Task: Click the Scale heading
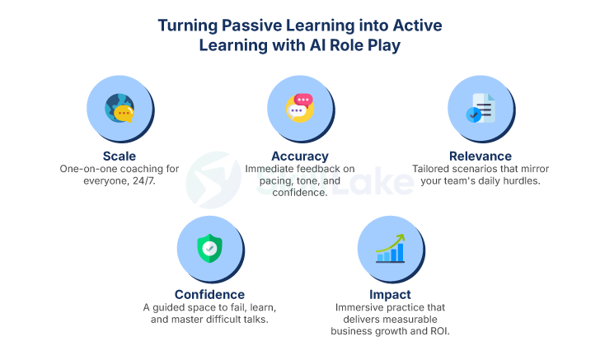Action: tap(120, 156)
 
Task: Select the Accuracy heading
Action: tap(300, 156)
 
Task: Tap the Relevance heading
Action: tap(480, 156)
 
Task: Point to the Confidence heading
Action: tap(209, 294)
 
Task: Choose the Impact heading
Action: tap(390, 294)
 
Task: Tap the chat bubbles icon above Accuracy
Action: tap(300, 109)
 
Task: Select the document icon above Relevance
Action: tap(480, 109)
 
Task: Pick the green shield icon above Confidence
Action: tap(209, 248)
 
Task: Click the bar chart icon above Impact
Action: tap(390, 248)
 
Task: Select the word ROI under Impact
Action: tap(438, 331)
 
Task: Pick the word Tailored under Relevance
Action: tap(433, 169)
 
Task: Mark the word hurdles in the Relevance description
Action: tap(518, 181)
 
